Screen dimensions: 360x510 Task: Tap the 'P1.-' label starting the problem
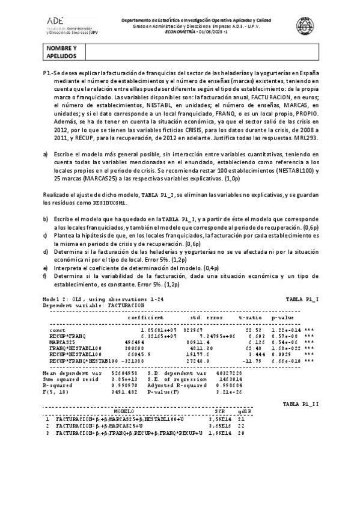pyautogui.click(x=48, y=73)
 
